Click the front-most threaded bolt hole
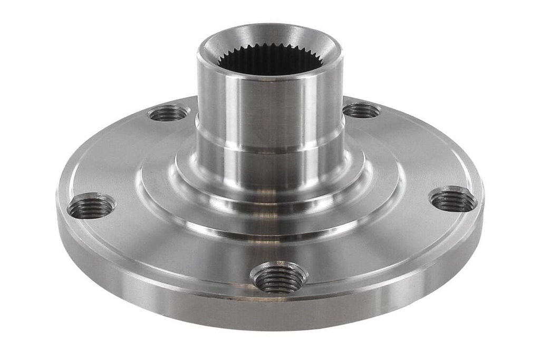[278, 277]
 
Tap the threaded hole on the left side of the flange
[91, 207]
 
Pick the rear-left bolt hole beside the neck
[168, 113]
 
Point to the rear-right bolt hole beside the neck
[361, 111]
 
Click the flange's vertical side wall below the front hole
[278, 316]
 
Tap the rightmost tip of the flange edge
[483, 195]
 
